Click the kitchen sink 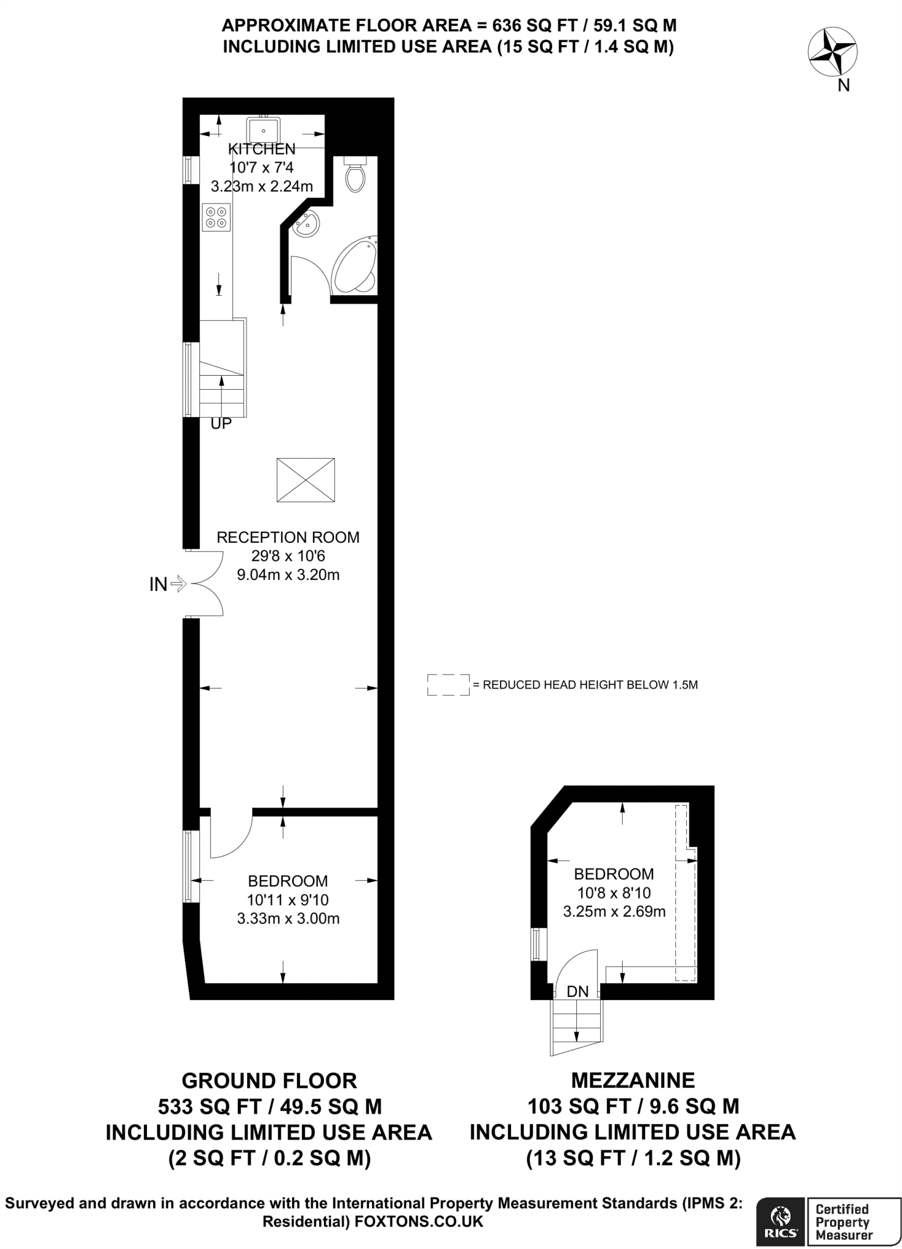coord(263,130)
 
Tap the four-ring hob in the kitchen coord(217,218)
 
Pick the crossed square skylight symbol coord(306,480)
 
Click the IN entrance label coord(158,584)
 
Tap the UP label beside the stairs coord(221,423)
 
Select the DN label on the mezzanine coord(578,992)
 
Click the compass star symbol coord(832,53)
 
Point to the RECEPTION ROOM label coord(288,537)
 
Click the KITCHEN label coord(262,149)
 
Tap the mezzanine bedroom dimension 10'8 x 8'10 coord(614,893)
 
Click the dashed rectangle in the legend coord(448,684)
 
